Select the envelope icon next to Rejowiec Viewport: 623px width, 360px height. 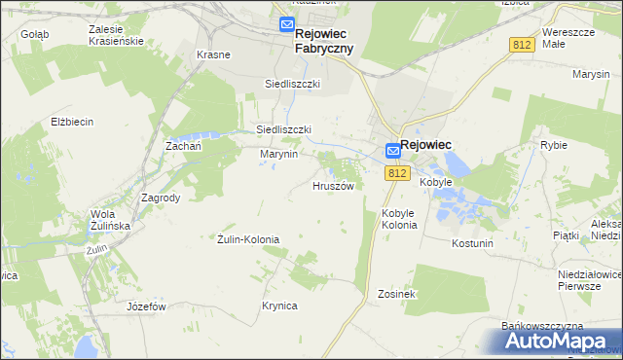(x=392, y=150)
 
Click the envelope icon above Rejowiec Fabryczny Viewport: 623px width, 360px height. (x=287, y=24)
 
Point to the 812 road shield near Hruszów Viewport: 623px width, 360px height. (x=395, y=173)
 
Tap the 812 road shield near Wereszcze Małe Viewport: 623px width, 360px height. (x=523, y=46)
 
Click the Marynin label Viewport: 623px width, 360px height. (x=277, y=154)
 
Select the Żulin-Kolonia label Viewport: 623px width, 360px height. (x=248, y=239)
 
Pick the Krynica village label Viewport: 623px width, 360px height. (x=279, y=306)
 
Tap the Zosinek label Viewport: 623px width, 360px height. (x=397, y=293)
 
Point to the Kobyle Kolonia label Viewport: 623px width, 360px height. (x=400, y=219)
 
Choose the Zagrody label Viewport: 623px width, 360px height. (x=161, y=197)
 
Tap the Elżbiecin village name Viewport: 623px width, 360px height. (x=72, y=122)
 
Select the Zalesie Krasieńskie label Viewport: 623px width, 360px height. (x=115, y=36)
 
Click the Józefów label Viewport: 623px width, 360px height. (x=147, y=306)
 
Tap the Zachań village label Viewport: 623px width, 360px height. (x=183, y=145)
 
